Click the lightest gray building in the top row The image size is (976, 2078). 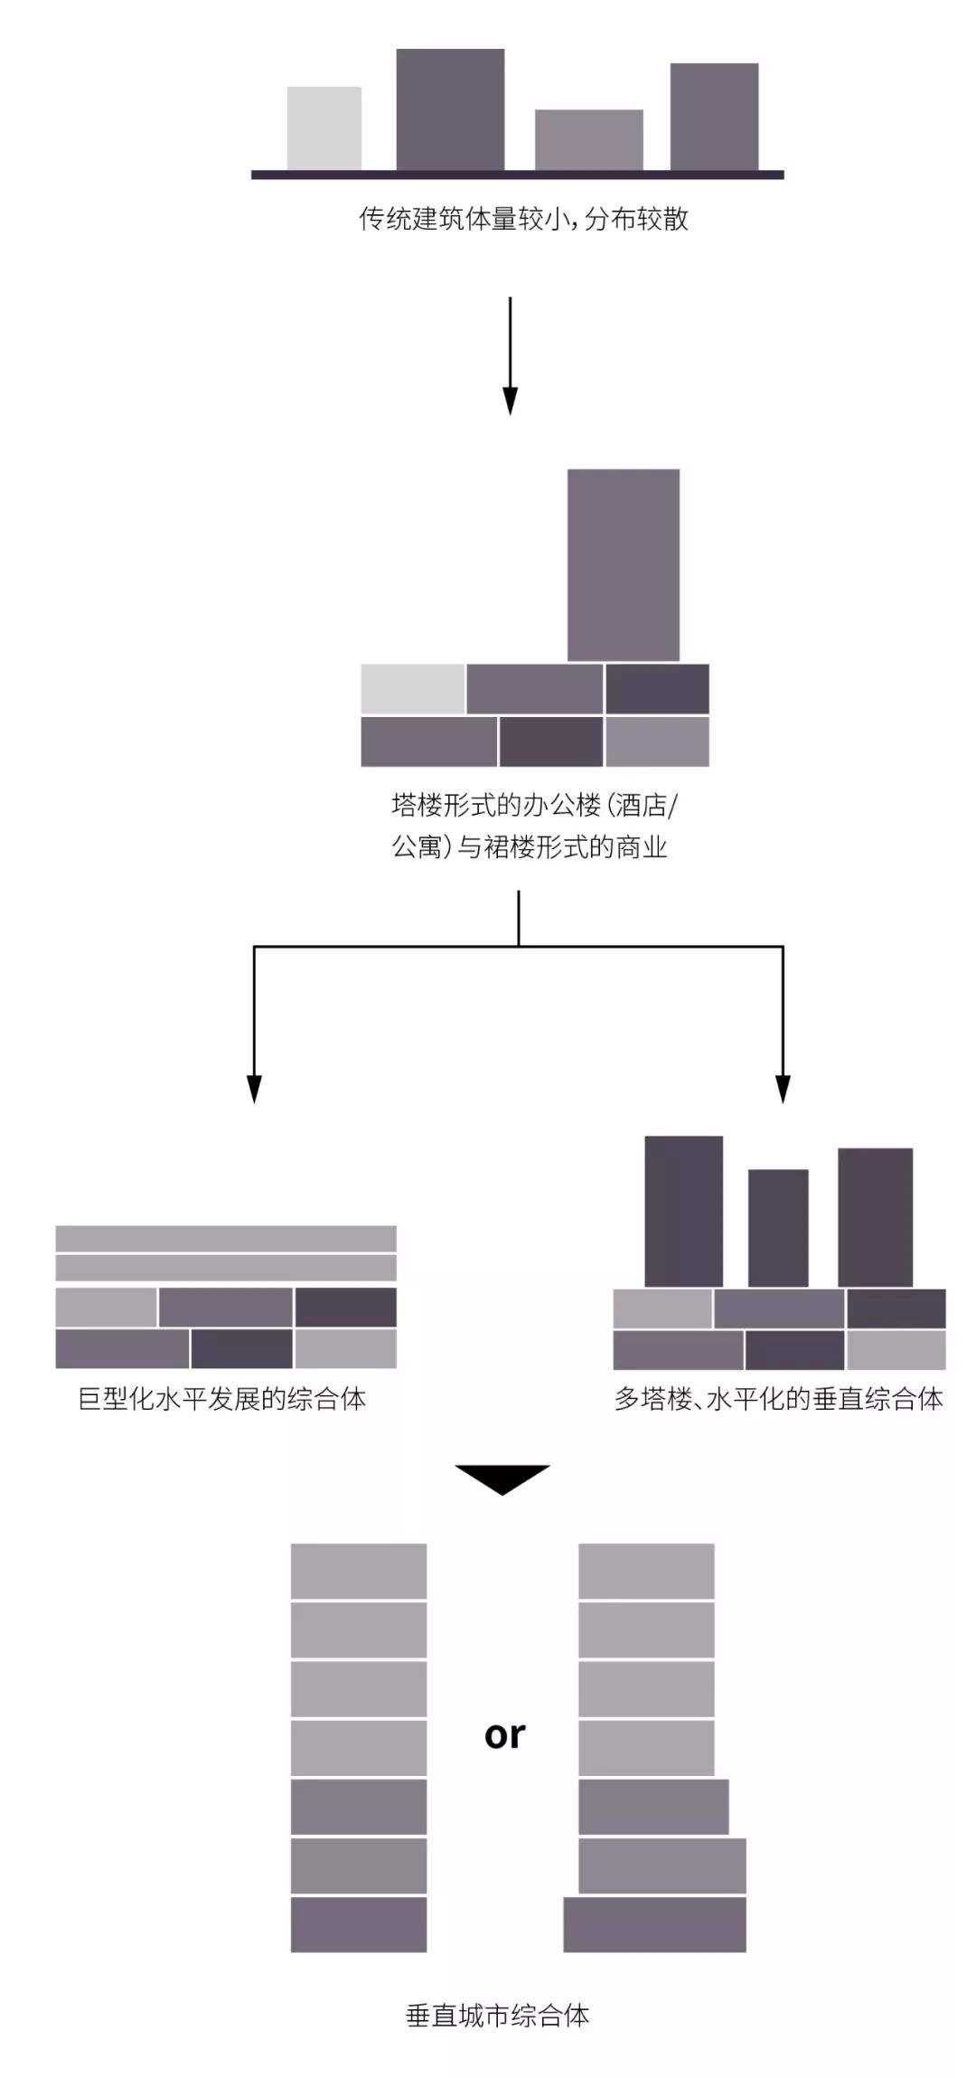pyautogui.click(x=324, y=128)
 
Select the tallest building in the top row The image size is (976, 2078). pyautogui.click(x=450, y=109)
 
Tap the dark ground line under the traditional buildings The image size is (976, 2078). pyautogui.click(x=517, y=175)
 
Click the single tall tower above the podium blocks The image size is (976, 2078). pyautogui.click(x=623, y=564)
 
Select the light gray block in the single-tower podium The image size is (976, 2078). pyautogui.click(x=412, y=689)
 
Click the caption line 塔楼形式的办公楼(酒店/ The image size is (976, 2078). pyautogui.click(x=533, y=804)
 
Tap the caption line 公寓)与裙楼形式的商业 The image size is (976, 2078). pyautogui.click(x=529, y=847)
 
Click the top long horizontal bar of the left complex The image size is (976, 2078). pyautogui.click(x=226, y=1238)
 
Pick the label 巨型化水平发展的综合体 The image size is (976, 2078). pyautogui.click(x=222, y=1400)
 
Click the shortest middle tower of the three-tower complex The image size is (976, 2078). pyautogui.click(x=778, y=1227)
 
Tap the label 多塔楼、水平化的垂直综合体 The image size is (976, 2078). pyautogui.click(x=778, y=1400)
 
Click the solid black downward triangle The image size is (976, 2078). pyautogui.click(x=502, y=1478)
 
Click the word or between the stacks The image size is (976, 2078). pyautogui.click(x=504, y=1734)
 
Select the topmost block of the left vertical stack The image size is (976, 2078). pyautogui.click(x=358, y=1571)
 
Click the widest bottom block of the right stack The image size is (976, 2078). pyautogui.click(x=654, y=1924)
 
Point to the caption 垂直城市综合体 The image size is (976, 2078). pyautogui.click(x=498, y=2016)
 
